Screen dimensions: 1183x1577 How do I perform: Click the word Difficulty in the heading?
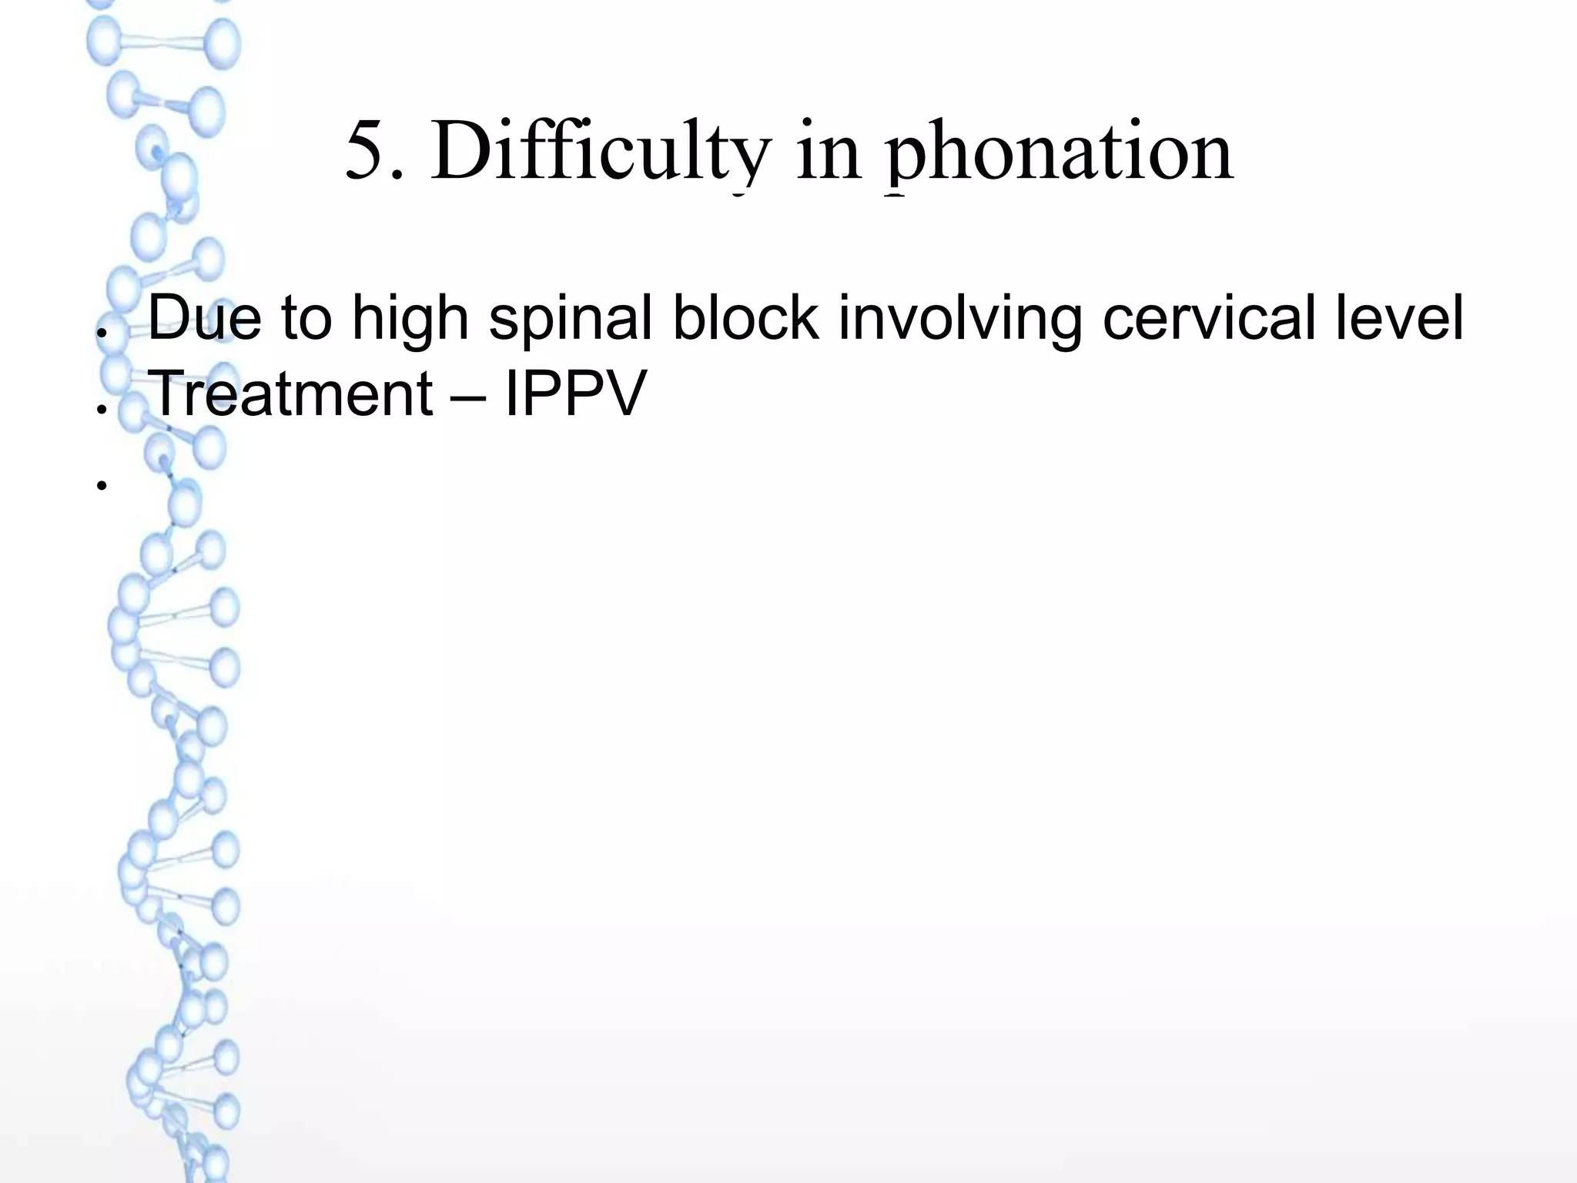600,152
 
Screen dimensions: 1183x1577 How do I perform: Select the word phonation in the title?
1061,154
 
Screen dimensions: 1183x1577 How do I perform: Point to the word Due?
204,317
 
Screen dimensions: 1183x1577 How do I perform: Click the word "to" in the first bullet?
306,319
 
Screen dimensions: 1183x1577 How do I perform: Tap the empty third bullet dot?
100,485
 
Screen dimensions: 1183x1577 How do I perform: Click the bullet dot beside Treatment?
100,409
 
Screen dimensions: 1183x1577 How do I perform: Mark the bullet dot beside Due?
100,333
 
